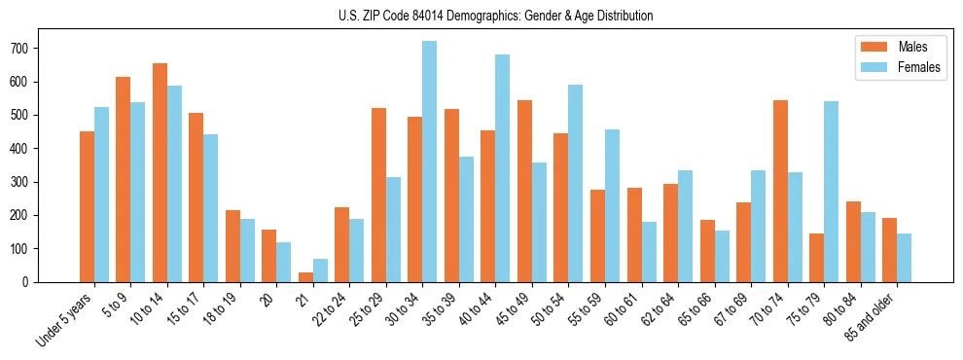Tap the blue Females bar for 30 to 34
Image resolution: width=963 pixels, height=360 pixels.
pos(429,162)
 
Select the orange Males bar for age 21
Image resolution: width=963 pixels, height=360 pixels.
pos(305,276)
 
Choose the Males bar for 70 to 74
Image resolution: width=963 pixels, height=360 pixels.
pos(780,191)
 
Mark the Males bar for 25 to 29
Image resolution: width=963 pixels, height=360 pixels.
pos(378,195)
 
